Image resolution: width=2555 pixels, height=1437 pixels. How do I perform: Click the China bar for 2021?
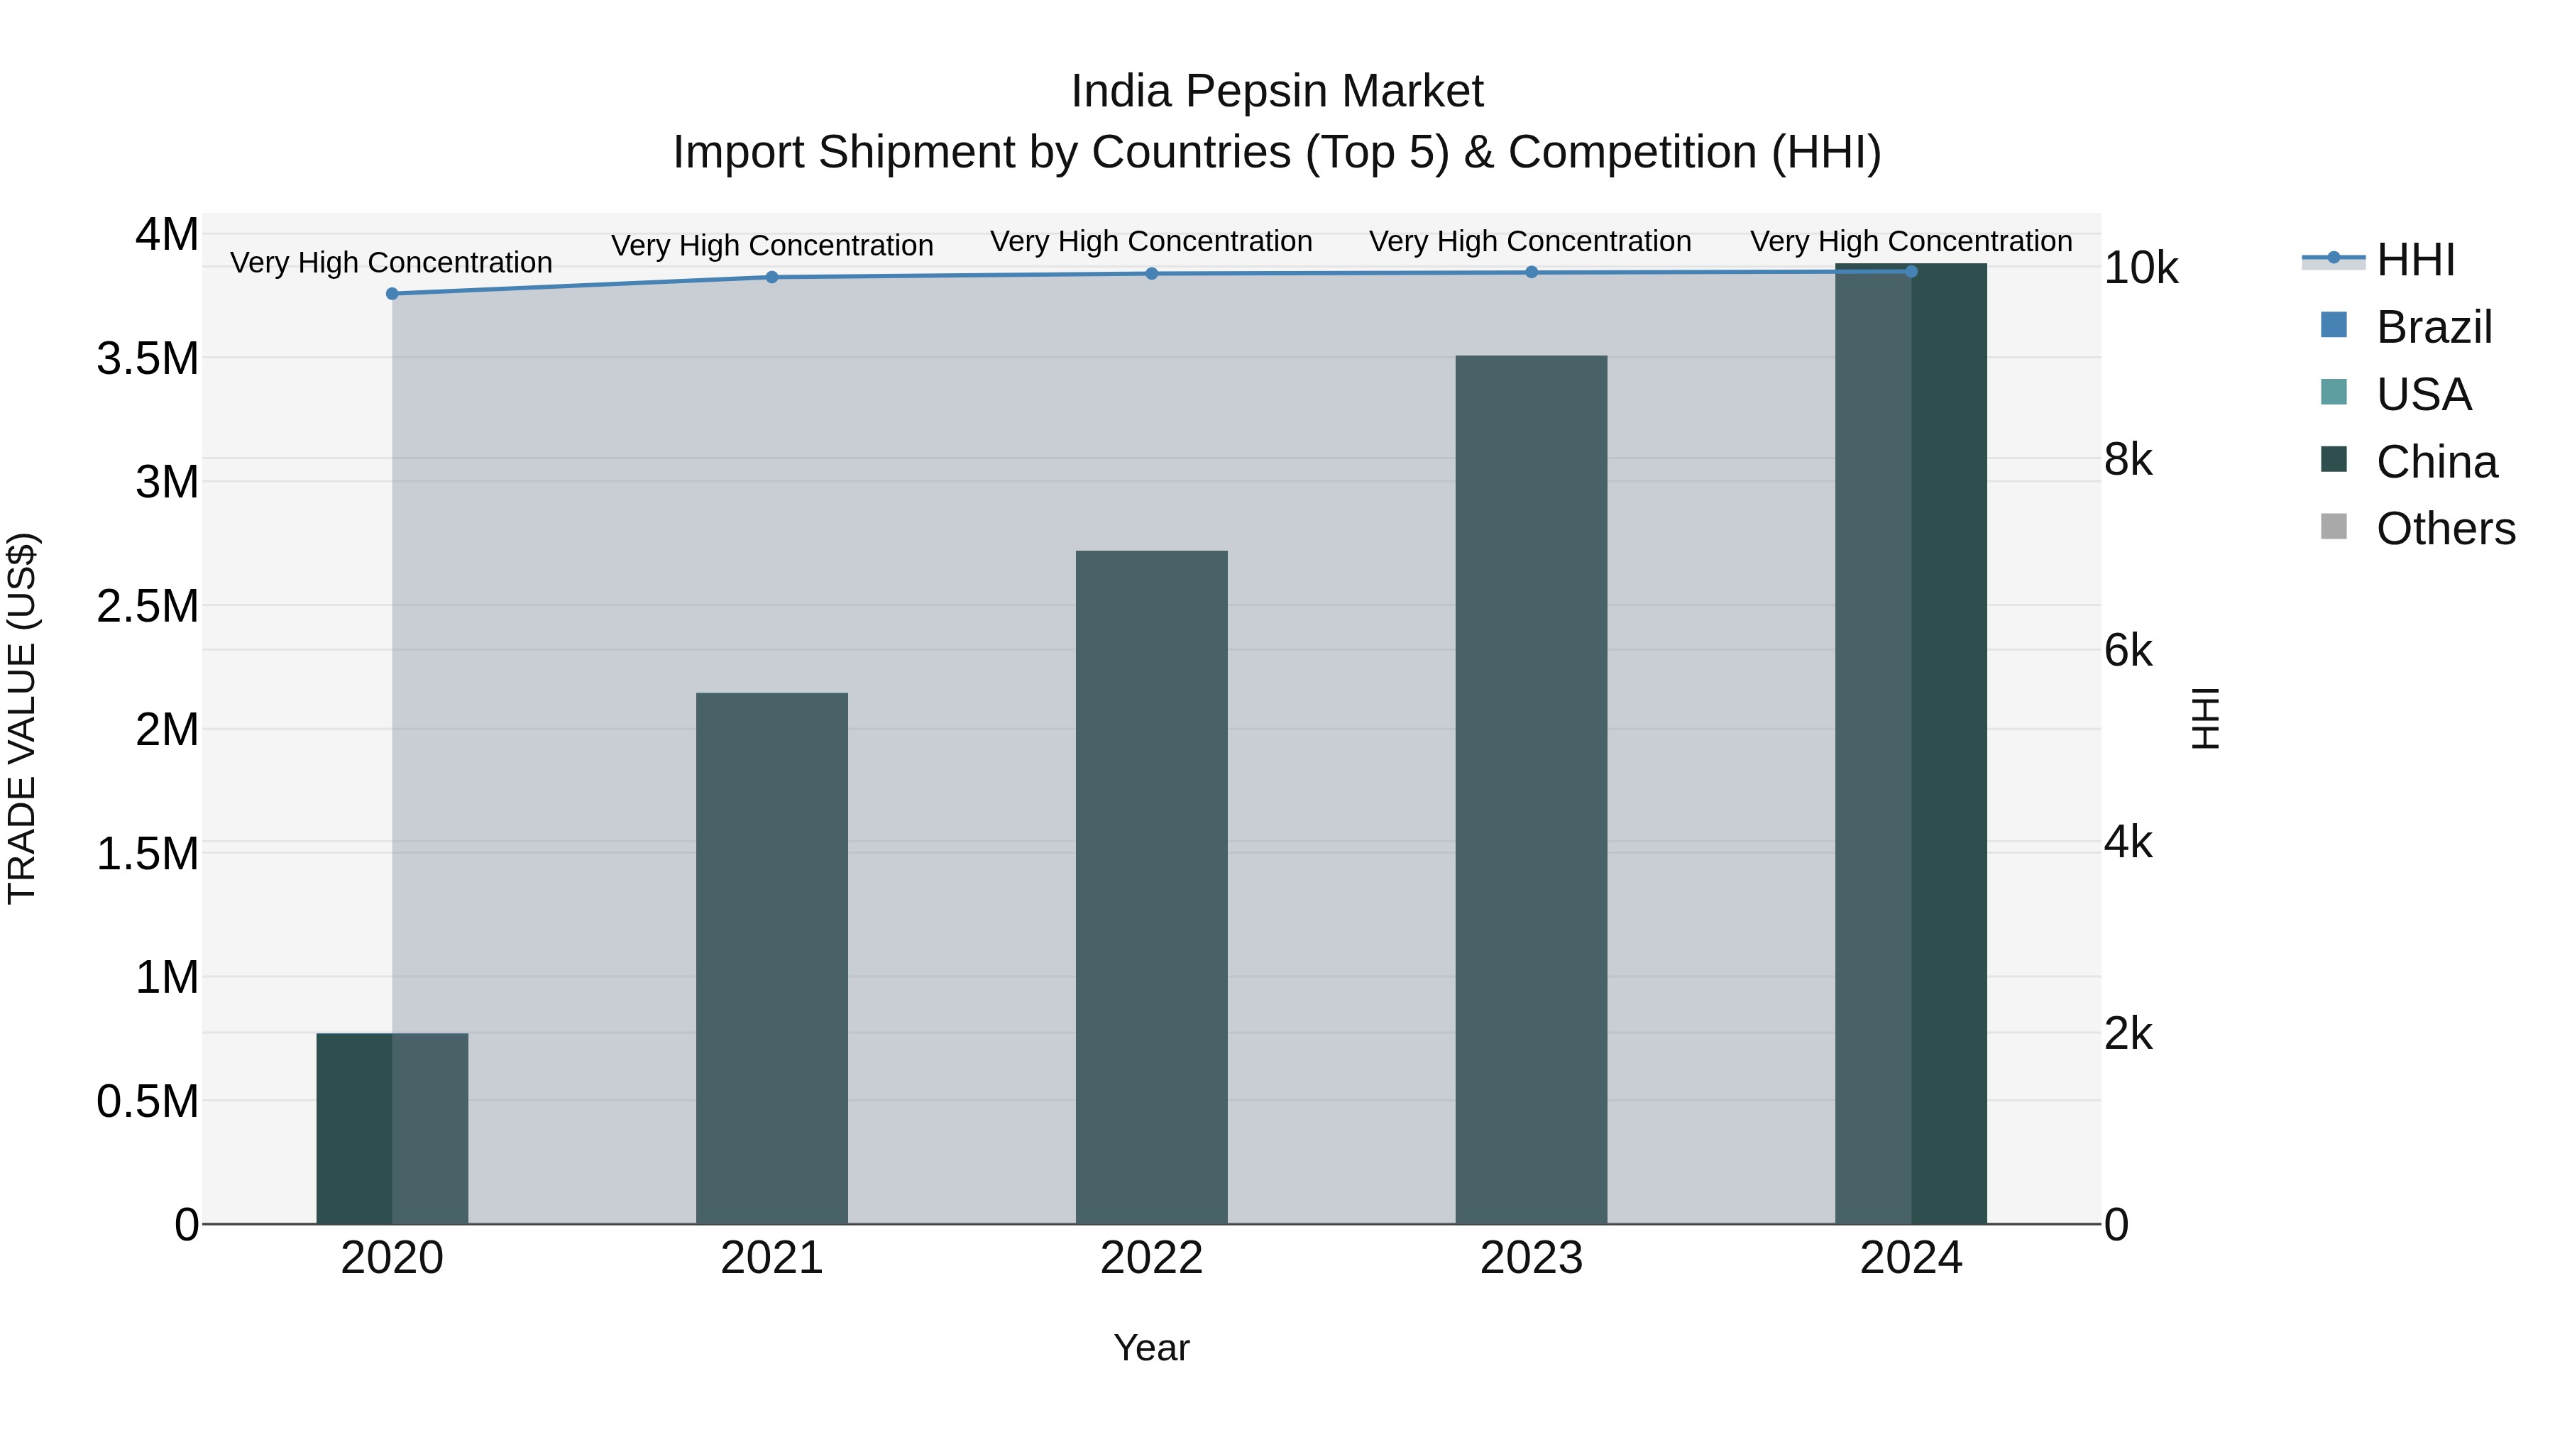tap(771, 958)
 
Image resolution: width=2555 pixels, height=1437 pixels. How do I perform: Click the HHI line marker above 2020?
tap(392, 294)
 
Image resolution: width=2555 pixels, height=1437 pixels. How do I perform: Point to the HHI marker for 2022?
tap(1152, 274)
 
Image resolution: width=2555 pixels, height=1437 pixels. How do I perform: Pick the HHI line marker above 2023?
tap(1532, 272)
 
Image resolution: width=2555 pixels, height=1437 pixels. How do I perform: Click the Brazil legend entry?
tap(2433, 327)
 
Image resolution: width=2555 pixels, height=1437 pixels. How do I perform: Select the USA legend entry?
tap(2422, 395)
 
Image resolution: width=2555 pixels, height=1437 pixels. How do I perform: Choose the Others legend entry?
tap(2445, 529)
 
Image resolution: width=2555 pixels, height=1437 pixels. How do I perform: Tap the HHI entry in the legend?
tap(2415, 260)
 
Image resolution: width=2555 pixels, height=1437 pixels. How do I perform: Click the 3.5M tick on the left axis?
tap(148, 359)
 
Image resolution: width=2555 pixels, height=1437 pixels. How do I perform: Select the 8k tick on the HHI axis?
tap(2128, 460)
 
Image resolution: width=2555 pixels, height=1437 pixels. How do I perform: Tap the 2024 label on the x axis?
tap(1911, 1258)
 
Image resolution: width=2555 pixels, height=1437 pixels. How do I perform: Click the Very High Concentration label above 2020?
tap(391, 263)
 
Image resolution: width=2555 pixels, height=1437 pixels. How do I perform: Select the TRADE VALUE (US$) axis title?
tap(22, 718)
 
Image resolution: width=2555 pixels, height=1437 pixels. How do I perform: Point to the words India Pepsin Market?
tap(1277, 92)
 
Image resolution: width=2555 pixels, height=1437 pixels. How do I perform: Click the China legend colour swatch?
tap(2334, 460)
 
